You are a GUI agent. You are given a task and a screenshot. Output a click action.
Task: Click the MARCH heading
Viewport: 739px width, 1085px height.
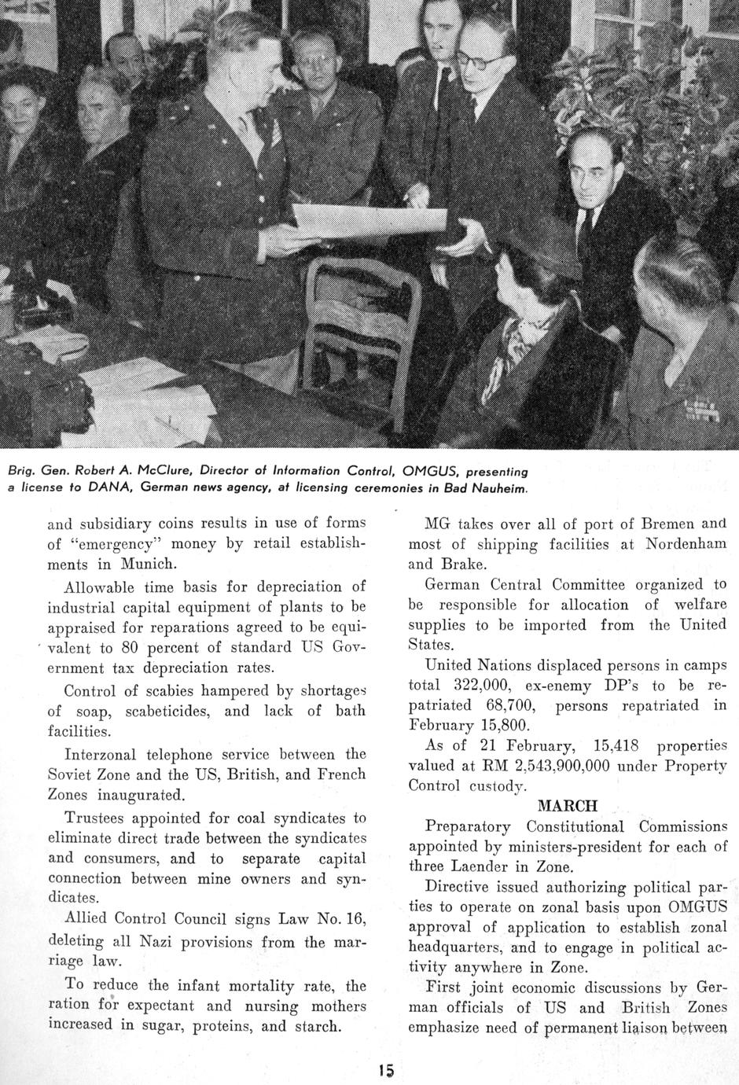pos(567,806)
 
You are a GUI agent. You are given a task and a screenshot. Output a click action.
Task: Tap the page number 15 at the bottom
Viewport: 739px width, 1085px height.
pos(384,1069)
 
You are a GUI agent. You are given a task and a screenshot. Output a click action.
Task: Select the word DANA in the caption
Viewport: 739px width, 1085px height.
pos(109,488)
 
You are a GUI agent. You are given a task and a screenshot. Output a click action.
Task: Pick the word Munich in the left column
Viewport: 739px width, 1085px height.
pos(149,564)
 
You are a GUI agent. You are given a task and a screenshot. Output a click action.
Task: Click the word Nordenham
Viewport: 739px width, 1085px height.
pos(686,543)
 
